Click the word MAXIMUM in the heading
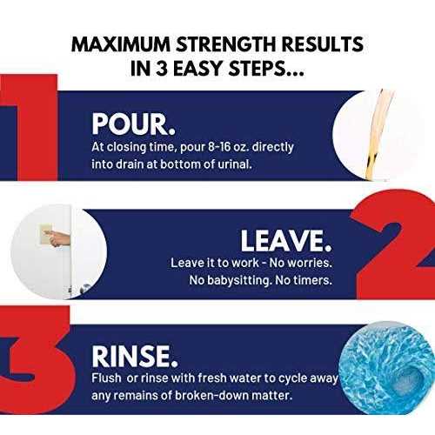(121, 44)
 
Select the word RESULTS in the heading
(322, 44)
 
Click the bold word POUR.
(134, 124)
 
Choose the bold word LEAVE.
(286, 241)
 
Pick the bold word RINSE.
(135, 356)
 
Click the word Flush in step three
(106, 378)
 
